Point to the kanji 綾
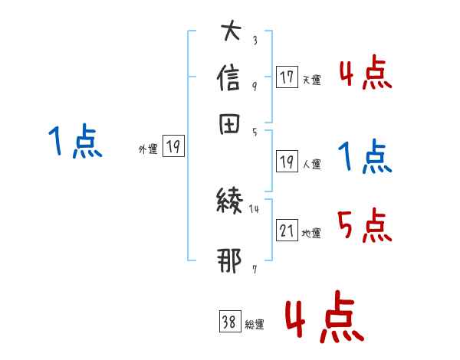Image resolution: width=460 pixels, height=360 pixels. click(x=231, y=201)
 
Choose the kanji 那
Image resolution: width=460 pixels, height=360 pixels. click(x=231, y=261)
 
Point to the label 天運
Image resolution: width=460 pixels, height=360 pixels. click(x=311, y=80)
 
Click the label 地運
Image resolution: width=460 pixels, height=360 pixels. click(x=311, y=234)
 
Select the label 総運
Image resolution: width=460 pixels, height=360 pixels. click(x=255, y=325)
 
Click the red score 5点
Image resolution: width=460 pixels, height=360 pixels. click(x=364, y=225)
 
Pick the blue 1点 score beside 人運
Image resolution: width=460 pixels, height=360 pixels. click(x=364, y=157)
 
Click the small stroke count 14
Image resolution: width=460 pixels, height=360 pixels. click(x=255, y=208)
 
